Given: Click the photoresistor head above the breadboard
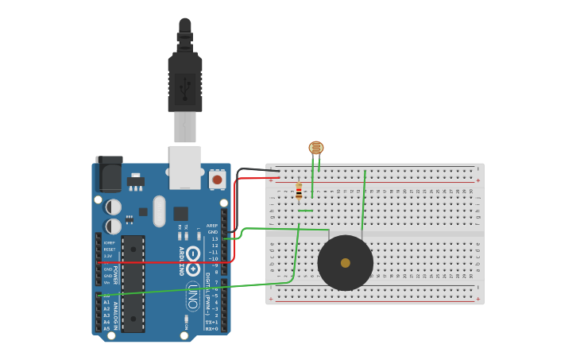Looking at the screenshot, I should (316, 147).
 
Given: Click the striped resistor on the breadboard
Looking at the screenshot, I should (299, 191).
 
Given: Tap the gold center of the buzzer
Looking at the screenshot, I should (345, 263).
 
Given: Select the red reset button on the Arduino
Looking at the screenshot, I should (217, 180).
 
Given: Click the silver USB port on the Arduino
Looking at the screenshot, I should (185, 167).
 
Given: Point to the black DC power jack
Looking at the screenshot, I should (109, 172).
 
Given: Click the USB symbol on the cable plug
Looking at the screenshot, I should (185, 88).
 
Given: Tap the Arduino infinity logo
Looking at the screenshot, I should (193, 261).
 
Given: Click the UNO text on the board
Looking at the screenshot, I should (193, 296).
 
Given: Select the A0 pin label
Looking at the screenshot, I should (106, 296).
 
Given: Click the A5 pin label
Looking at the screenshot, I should (106, 328).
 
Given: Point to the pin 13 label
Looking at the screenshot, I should (214, 238).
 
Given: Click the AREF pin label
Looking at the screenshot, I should (212, 226).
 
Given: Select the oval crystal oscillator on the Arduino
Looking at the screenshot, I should (160, 211).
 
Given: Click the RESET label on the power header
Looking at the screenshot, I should (109, 250).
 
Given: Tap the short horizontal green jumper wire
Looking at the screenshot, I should (305, 211).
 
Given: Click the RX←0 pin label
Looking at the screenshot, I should (212, 328).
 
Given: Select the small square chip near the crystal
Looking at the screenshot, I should (180, 213).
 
